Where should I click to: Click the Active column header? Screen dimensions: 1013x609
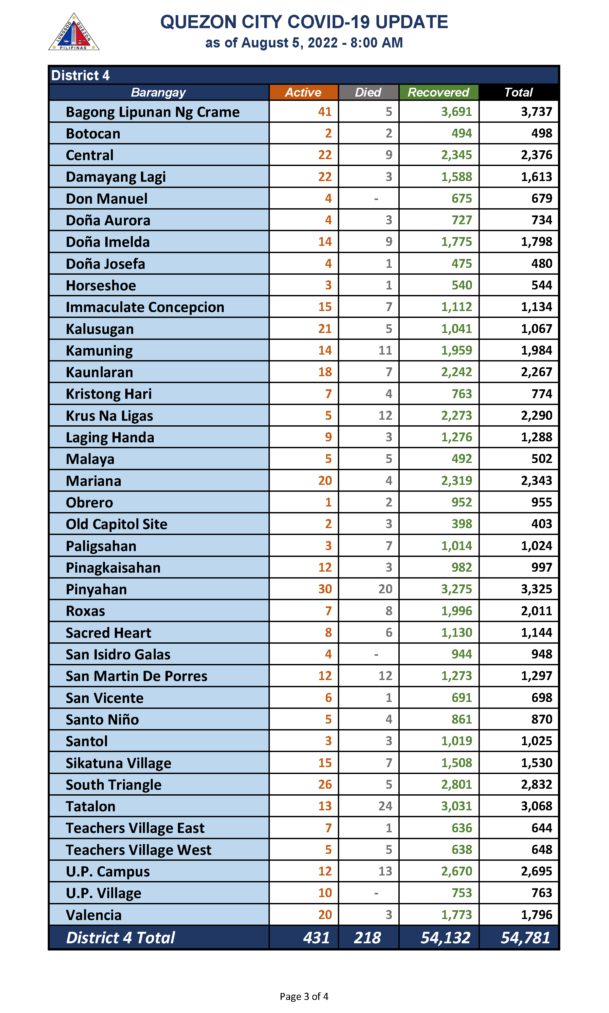coord(303,92)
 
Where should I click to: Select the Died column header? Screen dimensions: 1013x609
coord(368,92)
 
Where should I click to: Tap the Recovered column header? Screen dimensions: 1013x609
coord(438,92)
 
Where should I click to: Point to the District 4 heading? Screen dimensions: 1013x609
coord(80,75)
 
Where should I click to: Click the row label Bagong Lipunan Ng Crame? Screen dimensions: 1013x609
coord(153,112)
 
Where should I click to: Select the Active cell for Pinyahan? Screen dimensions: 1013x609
coord(325,589)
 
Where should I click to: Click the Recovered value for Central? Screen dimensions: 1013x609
coord(456,155)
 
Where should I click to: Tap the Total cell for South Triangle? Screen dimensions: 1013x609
coord(536,784)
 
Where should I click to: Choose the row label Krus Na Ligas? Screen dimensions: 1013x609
coord(110,415)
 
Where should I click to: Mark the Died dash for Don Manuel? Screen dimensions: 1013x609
coord(376,199)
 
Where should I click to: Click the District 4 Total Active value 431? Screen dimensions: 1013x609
coord(316,937)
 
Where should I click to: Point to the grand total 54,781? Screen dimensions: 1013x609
coord(525,937)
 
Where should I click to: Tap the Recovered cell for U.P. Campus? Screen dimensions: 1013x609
coord(456,871)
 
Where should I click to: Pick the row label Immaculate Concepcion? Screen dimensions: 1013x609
coord(145,307)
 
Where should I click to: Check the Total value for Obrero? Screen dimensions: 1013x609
coord(542,502)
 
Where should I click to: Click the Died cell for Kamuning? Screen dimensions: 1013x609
coord(385,350)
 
